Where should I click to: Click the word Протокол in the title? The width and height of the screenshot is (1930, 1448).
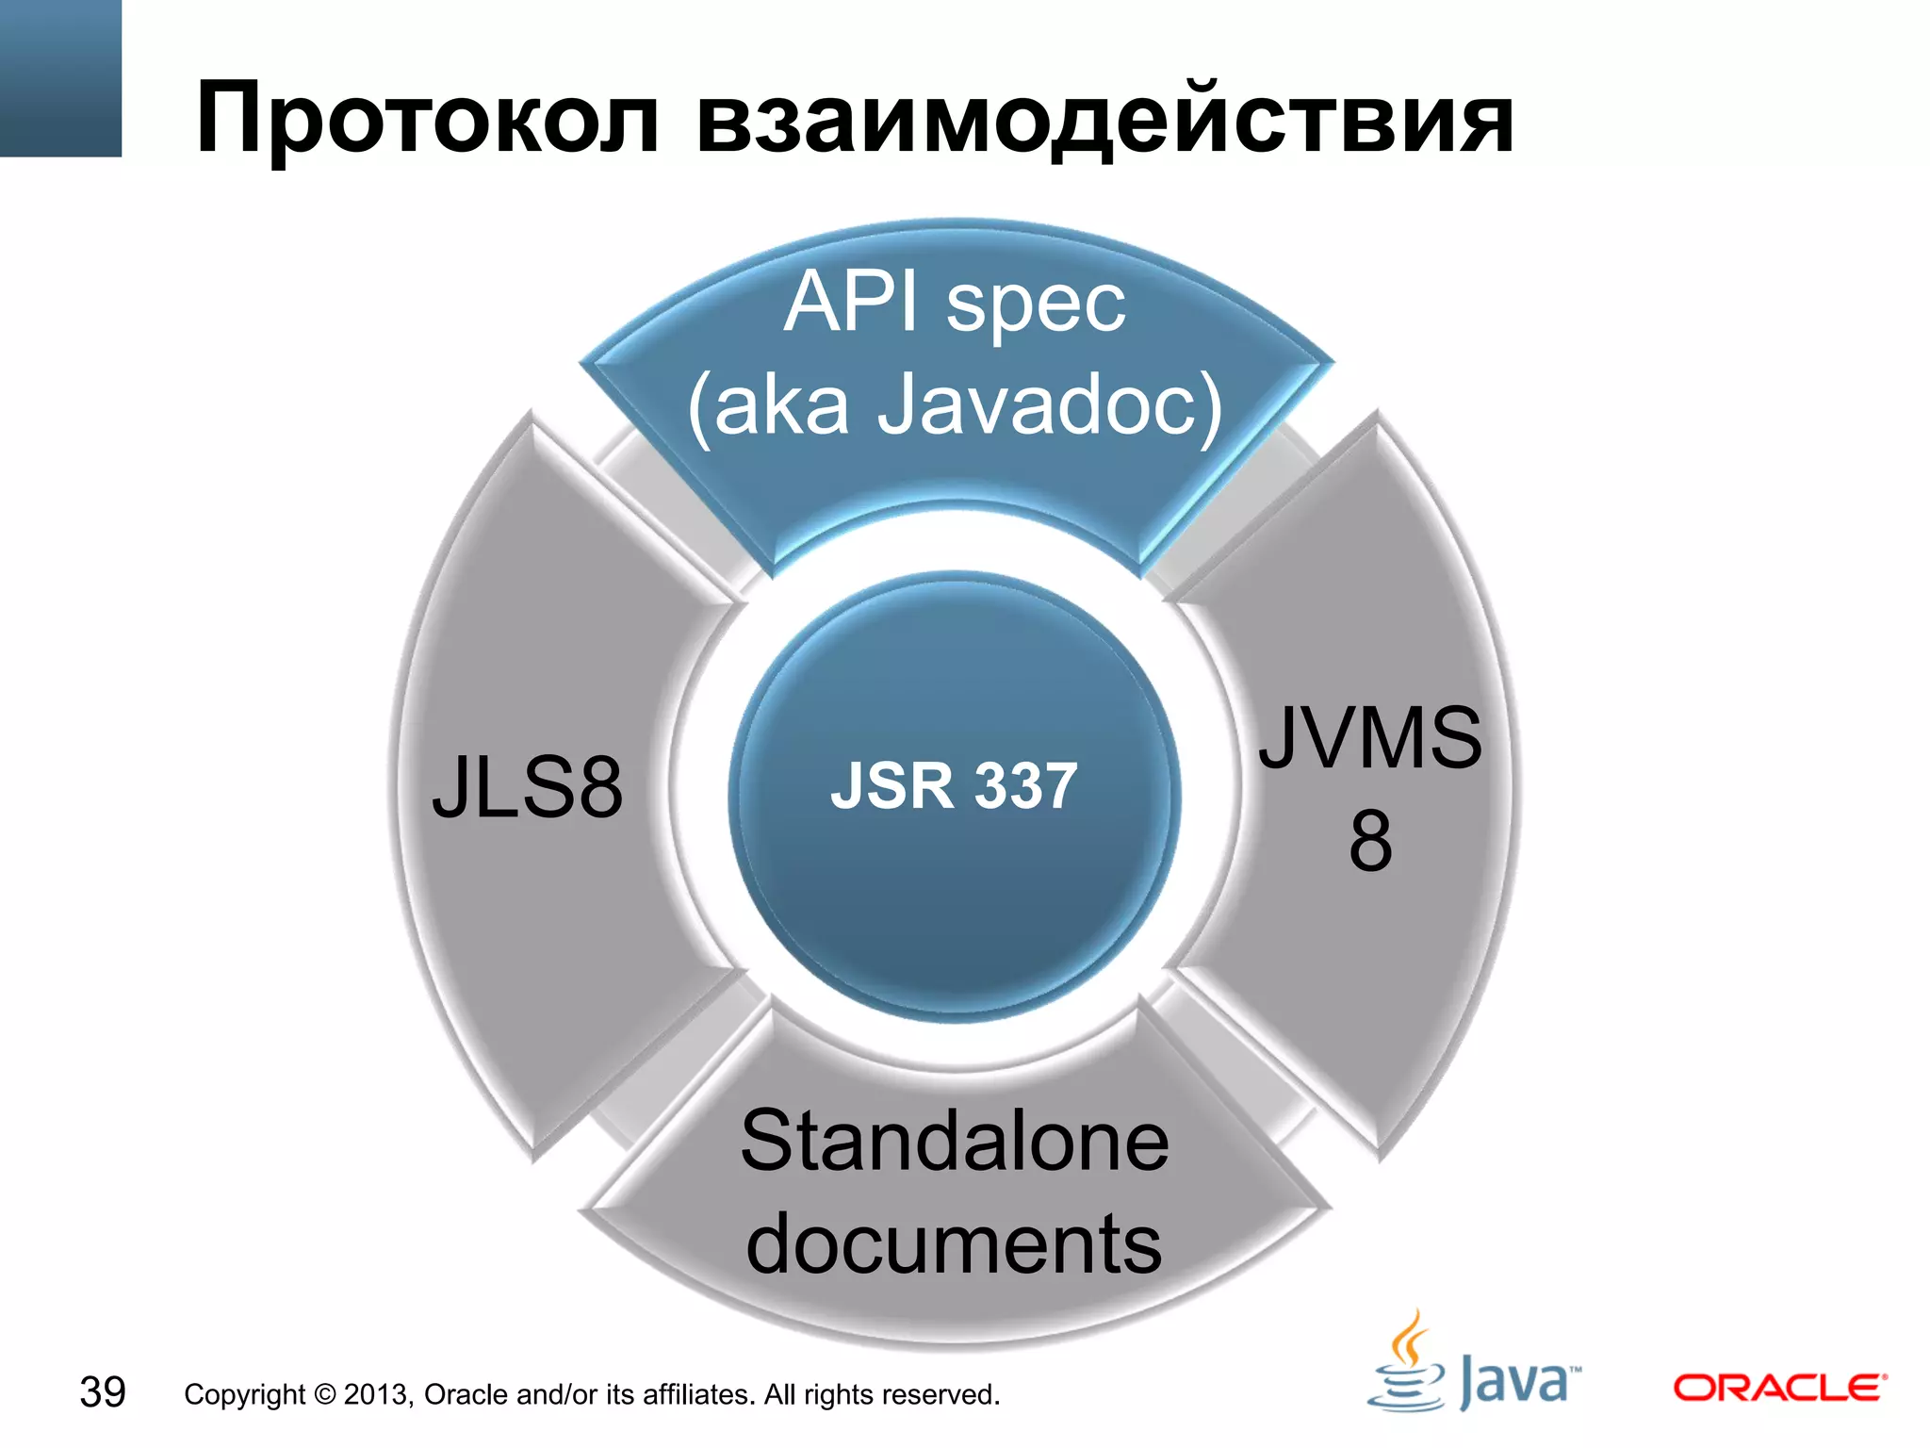click(426, 120)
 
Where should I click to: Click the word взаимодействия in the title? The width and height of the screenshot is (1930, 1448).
click(1104, 120)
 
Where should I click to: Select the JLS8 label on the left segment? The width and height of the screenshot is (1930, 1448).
click(528, 787)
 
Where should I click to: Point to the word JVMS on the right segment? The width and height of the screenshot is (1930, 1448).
click(1370, 738)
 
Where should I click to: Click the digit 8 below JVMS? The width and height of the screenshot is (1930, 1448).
click(1370, 841)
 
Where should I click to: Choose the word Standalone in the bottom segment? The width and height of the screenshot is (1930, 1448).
click(955, 1142)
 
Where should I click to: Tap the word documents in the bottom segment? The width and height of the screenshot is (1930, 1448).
click(954, 1244)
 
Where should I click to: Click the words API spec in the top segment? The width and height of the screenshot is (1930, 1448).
click(955, 303)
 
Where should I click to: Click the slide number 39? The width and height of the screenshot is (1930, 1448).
click(103, 1392)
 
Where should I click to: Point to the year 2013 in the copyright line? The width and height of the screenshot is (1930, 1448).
click(377, 1394)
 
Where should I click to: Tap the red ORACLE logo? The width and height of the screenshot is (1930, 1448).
click(1779, 1388)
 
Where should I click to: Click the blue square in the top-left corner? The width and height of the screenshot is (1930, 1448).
click(60, 77)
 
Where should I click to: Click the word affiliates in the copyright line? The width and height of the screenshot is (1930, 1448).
click(698, 1394)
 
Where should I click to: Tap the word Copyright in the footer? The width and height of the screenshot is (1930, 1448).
click(245, 1394)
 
